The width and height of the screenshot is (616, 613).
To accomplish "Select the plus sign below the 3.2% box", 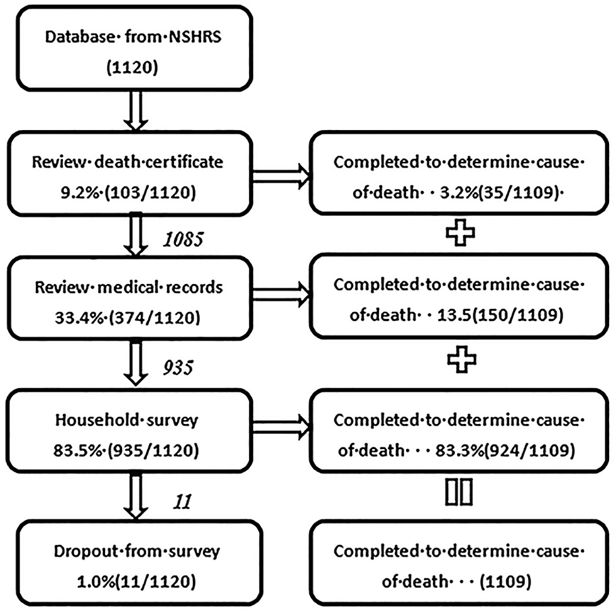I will (x=459, y=233).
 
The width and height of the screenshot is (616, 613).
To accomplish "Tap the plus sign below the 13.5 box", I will (x=459, y=361).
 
